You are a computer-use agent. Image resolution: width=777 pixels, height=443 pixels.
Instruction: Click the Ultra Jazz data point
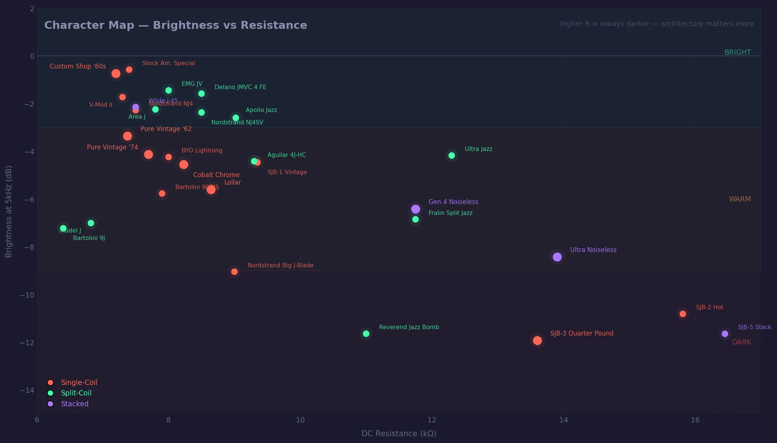coord(451,155)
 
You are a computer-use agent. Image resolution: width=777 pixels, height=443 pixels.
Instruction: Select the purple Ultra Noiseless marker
coord(557,257)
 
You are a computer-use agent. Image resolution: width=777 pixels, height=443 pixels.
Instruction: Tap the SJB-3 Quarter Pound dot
coord(537,340)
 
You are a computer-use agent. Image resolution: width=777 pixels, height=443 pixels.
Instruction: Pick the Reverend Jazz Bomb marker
coord(366,334)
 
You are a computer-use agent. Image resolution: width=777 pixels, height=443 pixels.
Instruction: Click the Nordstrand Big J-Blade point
coord(234,272)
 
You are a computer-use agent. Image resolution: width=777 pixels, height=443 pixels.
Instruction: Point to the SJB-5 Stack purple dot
coord(725,334)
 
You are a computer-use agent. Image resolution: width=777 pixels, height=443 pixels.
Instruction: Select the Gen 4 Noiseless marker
coord(415,209)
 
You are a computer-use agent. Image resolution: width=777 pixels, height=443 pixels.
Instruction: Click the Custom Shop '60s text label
coord(78,66)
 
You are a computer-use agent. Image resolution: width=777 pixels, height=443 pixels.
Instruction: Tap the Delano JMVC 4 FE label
coord(240,87)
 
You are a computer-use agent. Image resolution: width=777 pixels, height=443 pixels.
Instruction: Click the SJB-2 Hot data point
coord(683,314)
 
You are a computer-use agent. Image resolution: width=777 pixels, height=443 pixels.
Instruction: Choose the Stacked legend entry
coord(75,404)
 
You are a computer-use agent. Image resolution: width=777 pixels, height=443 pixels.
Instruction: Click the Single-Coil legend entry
coord(79,382)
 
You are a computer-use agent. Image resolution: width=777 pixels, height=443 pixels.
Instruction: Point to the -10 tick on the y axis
coord(27,295)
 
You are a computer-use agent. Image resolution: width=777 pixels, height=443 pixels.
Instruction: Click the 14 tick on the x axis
coord(563,420)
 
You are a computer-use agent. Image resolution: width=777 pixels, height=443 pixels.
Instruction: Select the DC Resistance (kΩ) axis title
coord(399,433)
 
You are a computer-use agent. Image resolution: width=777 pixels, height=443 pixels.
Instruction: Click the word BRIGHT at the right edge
coord(737,52)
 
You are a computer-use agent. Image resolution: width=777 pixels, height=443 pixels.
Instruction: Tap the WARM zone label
coord(740,199)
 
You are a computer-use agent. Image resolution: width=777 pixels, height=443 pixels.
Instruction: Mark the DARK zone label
coord(741,342)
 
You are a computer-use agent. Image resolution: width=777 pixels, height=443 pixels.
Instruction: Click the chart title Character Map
coord(175,25)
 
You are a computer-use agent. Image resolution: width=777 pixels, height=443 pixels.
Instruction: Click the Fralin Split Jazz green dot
coord(415,219)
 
